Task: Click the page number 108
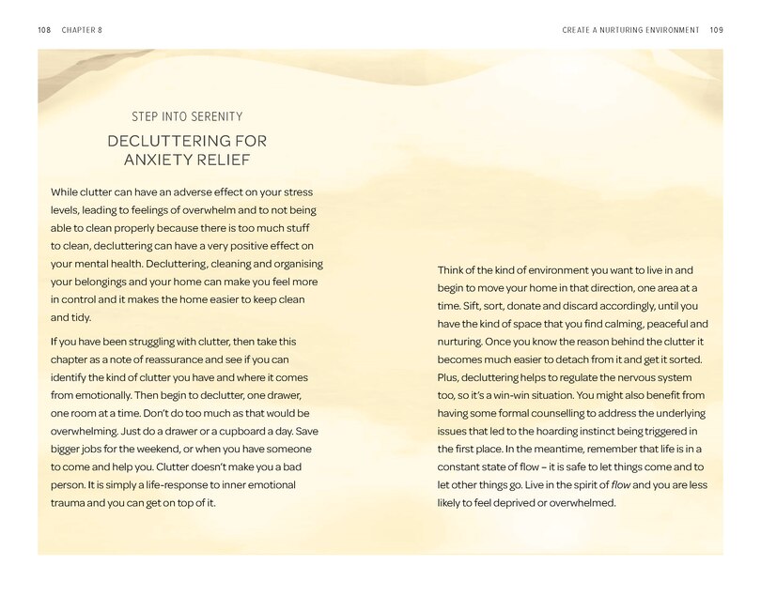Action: [x=43, y=29]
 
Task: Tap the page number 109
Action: [x=717, y=29]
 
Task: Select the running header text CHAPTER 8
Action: [x=82, y=29]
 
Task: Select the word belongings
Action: [x=101, y=281]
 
